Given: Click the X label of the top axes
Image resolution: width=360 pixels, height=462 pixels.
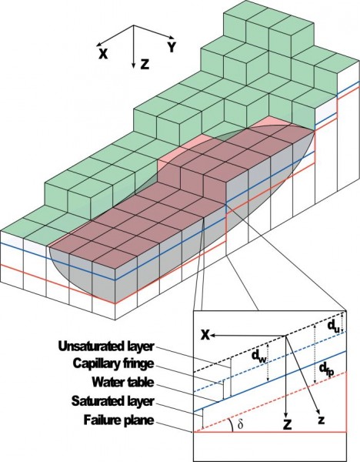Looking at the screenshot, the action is [x=103, y=54].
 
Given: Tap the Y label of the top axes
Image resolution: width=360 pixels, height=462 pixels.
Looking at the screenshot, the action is [x=172, y=47].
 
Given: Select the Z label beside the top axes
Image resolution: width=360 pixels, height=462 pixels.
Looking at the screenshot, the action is [x=145, y=64].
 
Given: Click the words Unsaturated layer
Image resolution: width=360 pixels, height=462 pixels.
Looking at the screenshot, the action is [x=106, y=346].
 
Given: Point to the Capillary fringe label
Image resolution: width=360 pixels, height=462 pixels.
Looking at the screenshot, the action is [x=113, y=364].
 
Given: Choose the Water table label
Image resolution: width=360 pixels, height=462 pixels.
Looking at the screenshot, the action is [x=123, y=382].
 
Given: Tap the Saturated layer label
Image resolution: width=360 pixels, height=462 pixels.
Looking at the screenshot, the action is [x=113, y=401].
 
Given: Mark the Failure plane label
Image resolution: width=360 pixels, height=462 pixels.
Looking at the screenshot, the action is [x=118, y=420].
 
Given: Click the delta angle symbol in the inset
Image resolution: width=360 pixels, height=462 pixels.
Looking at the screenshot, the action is [x=241, y=424].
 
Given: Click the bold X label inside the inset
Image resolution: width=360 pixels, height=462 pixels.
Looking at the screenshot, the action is [x=205, y=335].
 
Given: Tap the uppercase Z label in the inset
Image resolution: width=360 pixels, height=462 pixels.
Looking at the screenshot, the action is [x=287, y=424].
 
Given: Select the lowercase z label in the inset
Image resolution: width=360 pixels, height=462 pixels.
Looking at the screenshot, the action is [x=322, y=420].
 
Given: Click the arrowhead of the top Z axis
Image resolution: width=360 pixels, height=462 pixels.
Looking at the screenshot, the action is [x=134, y=65].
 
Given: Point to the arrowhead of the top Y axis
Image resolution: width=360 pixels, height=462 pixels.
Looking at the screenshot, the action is [x=172, y=37].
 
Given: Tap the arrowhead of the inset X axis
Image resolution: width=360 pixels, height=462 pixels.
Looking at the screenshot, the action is [x=213, y=335].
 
